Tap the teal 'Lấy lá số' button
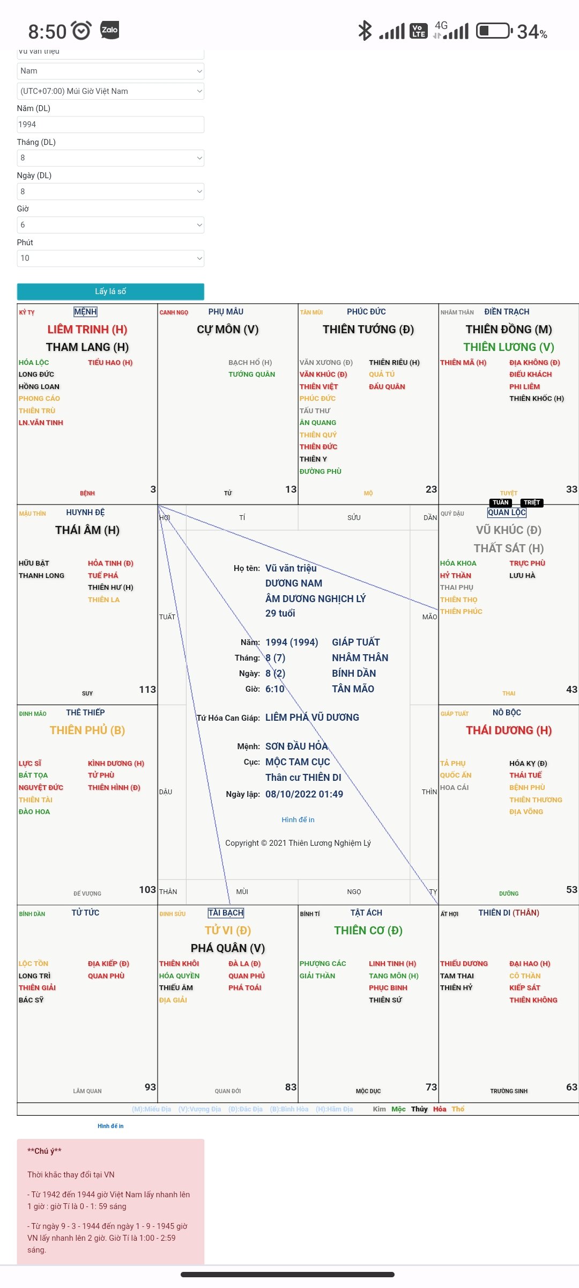coord(110,291)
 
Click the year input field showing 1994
coord(110,125)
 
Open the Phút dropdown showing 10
coord(110,258)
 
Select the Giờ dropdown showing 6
coord(110,225)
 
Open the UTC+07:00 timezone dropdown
coord(110,91)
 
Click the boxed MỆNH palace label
coord(86,312)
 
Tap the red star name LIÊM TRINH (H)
coord(87,330)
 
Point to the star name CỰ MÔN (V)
coord(227,330)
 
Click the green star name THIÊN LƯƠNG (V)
coord(509,347)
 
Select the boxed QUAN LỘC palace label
coord(507,513)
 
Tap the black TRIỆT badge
coord(532,503)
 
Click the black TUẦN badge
coord(501,503)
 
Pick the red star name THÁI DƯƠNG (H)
coord(509,730)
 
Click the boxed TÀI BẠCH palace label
coord(226,913)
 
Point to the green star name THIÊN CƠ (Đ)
coord(368,931)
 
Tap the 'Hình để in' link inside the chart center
coord(298,819)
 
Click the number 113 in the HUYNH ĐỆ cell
coord(147,690)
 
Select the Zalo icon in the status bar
coord(110,30)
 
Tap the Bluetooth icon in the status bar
coord(365,31)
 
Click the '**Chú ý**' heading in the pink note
coord(44,1151)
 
